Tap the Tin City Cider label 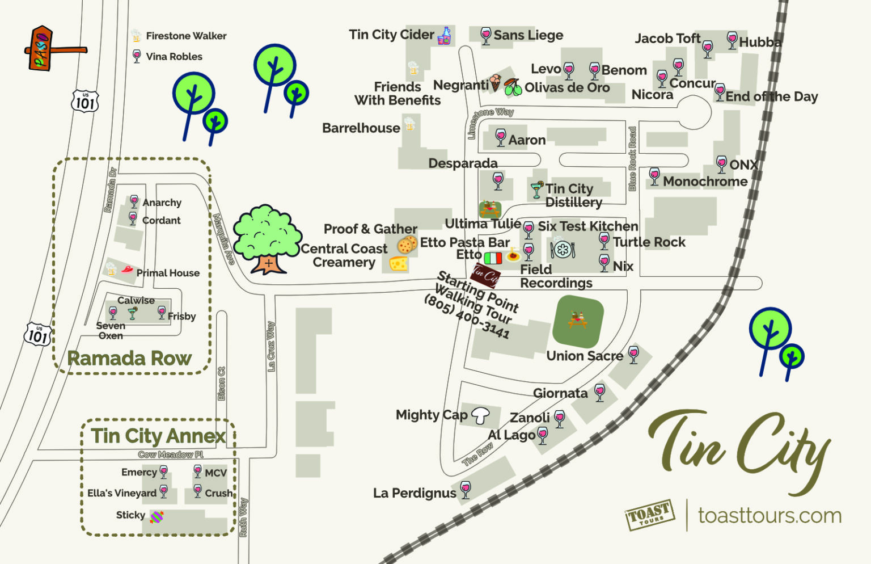(391, 35)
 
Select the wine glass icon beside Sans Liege (485, 36)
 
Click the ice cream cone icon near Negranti (496, 82)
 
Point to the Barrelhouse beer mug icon (409, 123)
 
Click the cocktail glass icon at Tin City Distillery (536, 190)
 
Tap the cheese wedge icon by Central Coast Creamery (399, 263)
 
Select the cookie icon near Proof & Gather (407, 245)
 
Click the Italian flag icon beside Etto (493, 258)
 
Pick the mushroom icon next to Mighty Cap (480, 415)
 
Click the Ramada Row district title (129, 359)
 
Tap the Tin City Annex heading (158, 436)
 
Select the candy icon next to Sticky (157, 516)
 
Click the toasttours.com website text (769, 515)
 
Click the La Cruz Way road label (271, 346)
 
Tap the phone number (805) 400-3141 (466, 317)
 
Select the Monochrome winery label (705, 182)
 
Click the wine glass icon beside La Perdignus (466, 490)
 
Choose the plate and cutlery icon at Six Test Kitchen (563, 250)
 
